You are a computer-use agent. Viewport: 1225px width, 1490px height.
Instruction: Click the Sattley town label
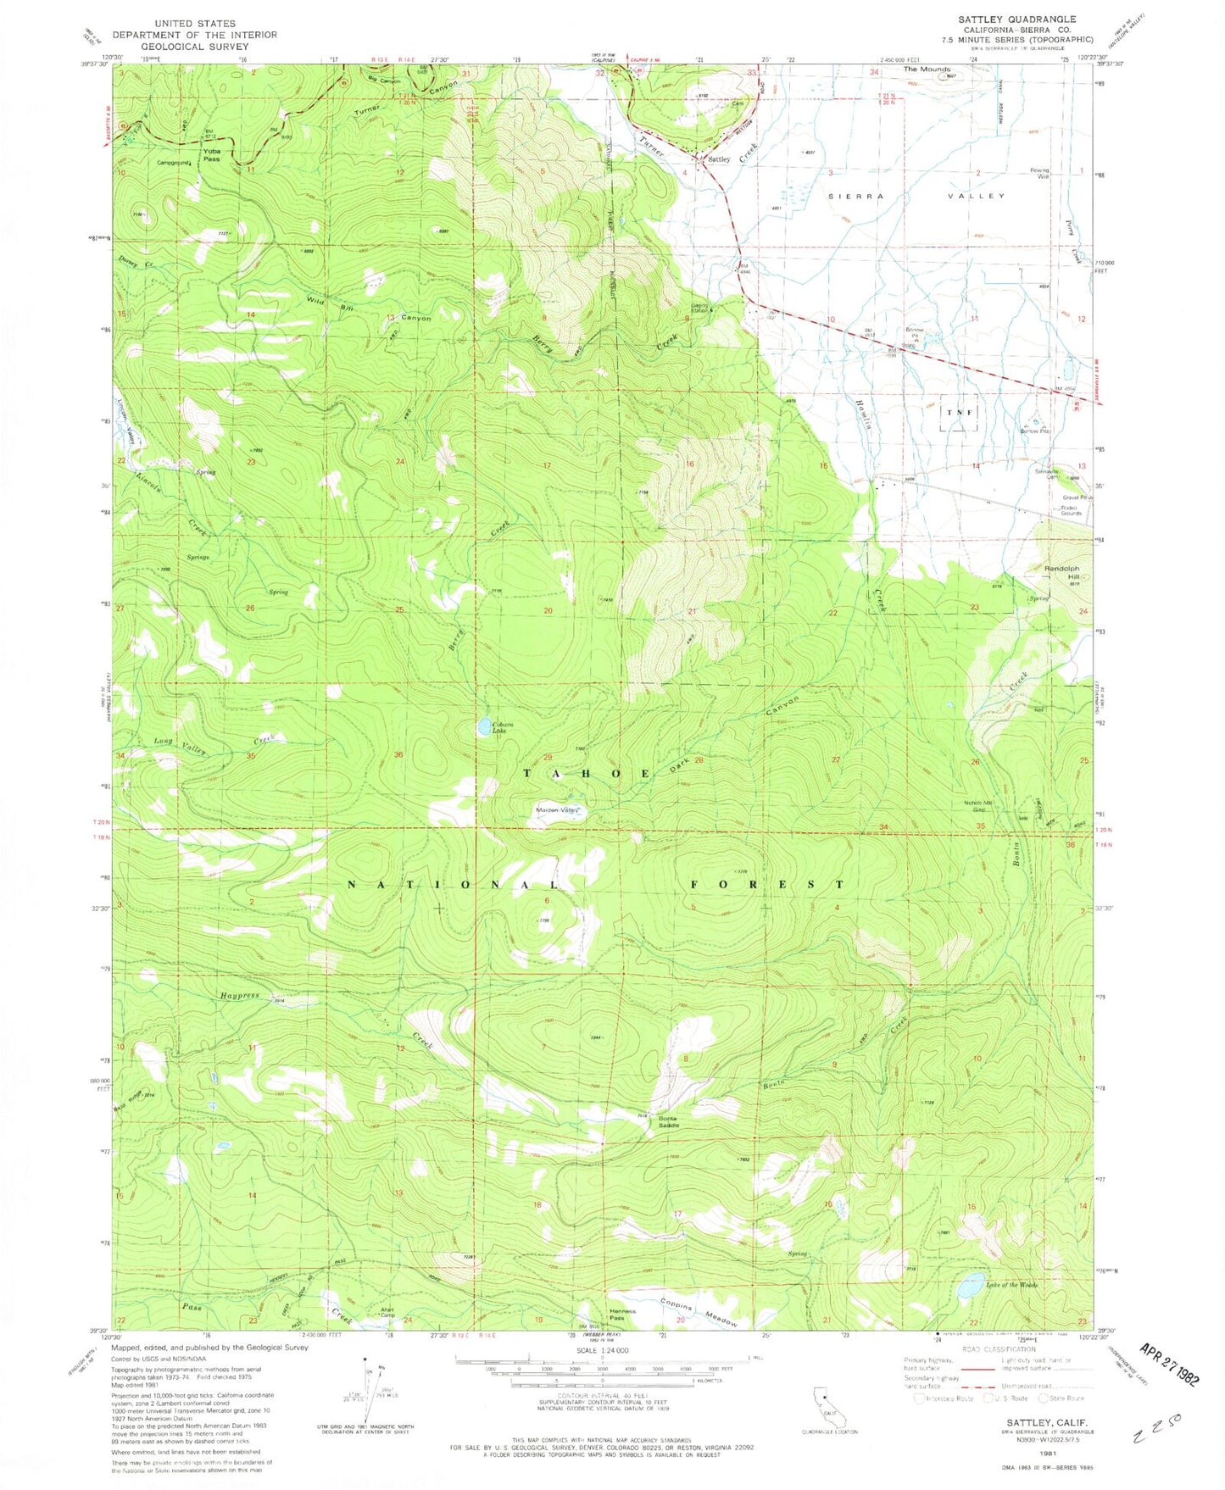719,159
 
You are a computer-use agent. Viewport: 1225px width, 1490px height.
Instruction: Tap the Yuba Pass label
212,155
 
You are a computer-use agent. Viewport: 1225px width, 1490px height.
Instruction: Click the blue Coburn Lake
483,726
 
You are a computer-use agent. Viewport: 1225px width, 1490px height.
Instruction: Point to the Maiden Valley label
558,810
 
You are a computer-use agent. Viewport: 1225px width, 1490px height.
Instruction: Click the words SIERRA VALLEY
916,196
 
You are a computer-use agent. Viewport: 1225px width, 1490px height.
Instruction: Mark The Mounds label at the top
927,69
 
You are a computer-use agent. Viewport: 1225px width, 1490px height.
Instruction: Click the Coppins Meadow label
700,1315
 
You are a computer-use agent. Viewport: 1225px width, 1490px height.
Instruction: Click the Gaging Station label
700,308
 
